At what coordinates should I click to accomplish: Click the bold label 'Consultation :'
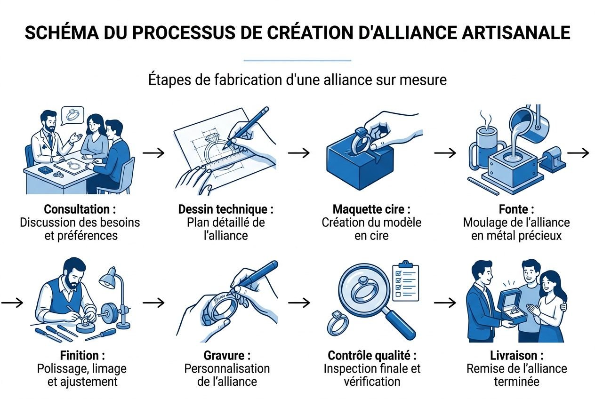[80, 209]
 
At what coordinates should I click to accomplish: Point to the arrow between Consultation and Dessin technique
[153, 152]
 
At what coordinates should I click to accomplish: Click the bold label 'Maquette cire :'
[371, 209]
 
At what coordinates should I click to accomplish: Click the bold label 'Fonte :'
[516, 209]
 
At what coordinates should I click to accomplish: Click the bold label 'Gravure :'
[227, 355]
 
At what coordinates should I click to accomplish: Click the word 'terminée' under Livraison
[516, 381]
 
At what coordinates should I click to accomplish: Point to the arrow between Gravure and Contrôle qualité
[299, 303]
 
